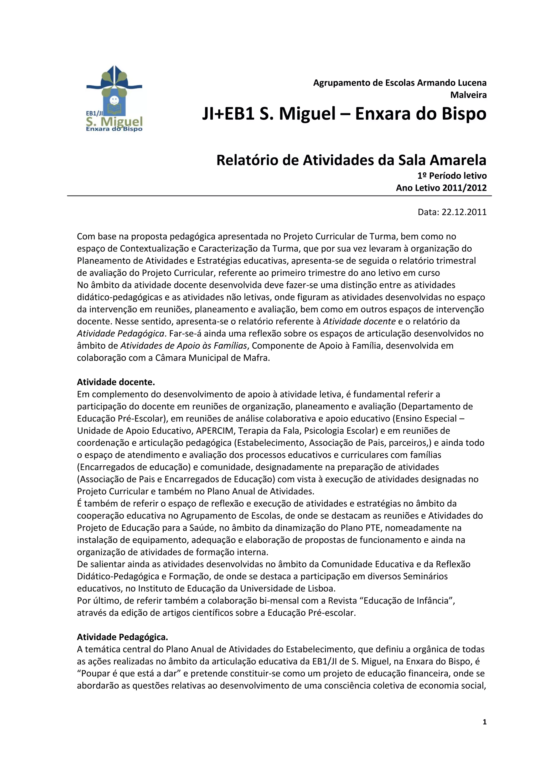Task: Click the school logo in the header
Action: pos(114,99)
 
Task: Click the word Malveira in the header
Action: pos(468,95)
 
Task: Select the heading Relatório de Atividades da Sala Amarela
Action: pos(351,160)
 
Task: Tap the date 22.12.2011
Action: pos(464,212)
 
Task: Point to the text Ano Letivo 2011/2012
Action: pos(441,188)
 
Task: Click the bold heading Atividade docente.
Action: pos(116,382)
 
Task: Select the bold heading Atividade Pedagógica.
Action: pos(122,637)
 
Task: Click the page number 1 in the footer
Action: pos(485,722)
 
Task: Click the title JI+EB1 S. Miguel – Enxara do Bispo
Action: pos(344,114)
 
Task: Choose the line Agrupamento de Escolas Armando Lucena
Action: pos(400,83)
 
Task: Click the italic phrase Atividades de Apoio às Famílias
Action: pos(184,346)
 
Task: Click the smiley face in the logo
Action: pos(114,99)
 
